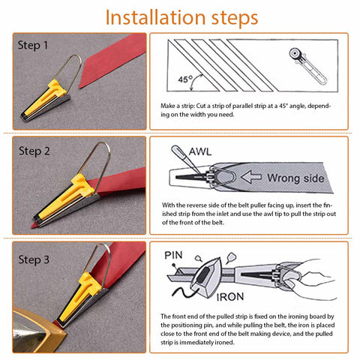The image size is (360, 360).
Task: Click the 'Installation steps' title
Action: tap(181, 18)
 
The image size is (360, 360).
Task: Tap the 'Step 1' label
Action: tap(33, 45)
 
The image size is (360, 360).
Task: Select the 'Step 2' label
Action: tap(34, 151)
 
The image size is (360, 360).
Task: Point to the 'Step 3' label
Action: tap(34, 259)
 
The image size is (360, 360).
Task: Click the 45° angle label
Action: tap(185, 79)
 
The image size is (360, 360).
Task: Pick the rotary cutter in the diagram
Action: tap(308, 66)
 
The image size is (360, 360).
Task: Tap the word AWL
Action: tap(200, 151)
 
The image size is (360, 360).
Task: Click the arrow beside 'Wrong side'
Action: tap(251, 177)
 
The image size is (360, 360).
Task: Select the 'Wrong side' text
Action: tap(295, 178)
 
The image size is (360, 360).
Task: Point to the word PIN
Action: tap(173, 255)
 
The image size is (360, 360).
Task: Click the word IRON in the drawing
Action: tap(230, 297)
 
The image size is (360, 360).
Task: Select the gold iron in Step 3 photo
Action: tap(37, 330)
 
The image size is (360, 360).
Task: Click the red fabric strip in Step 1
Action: tap(112, 61)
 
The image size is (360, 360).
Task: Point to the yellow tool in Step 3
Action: tap(81, 298)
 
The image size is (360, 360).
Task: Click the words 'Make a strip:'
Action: tap(177, 106)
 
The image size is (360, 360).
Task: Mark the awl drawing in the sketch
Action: tap(186, 160)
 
